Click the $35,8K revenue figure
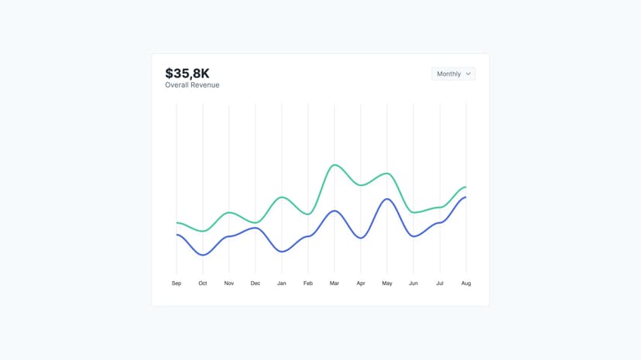point(187,73)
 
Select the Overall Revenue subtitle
point(192,85)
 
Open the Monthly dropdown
point(453,74)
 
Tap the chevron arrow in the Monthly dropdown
point(468,74)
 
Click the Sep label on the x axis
point(177,283)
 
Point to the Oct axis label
point(203,283)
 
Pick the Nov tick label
point(229,283)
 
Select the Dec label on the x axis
point(255,283)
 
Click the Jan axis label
point(282,283)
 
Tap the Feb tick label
point(308,283)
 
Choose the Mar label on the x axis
point(334,283)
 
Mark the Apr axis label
point(361,283)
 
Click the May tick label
point(387,283)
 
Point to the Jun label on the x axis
point(413,283)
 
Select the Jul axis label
point(440,283)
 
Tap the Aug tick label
point(466,283)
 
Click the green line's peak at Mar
point(334,165)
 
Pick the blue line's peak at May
point(387,199)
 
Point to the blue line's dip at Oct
point(203,255)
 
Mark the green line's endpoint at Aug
point(465,187)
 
